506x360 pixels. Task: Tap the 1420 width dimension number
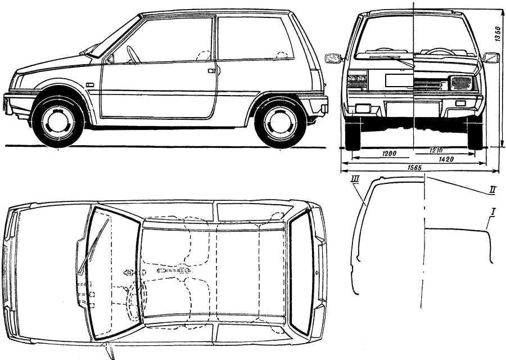(448, 160)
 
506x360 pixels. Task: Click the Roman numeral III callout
(355, 179)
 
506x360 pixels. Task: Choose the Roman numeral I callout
(493, 211)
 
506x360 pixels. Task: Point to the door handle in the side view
(211, 71)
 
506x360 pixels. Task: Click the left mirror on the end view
(333, 58)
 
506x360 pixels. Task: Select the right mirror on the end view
(491, 57)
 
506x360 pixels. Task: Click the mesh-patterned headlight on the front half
(461, 83)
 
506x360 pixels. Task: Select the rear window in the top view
(301, 273)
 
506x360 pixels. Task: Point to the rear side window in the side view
(253, 38)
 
